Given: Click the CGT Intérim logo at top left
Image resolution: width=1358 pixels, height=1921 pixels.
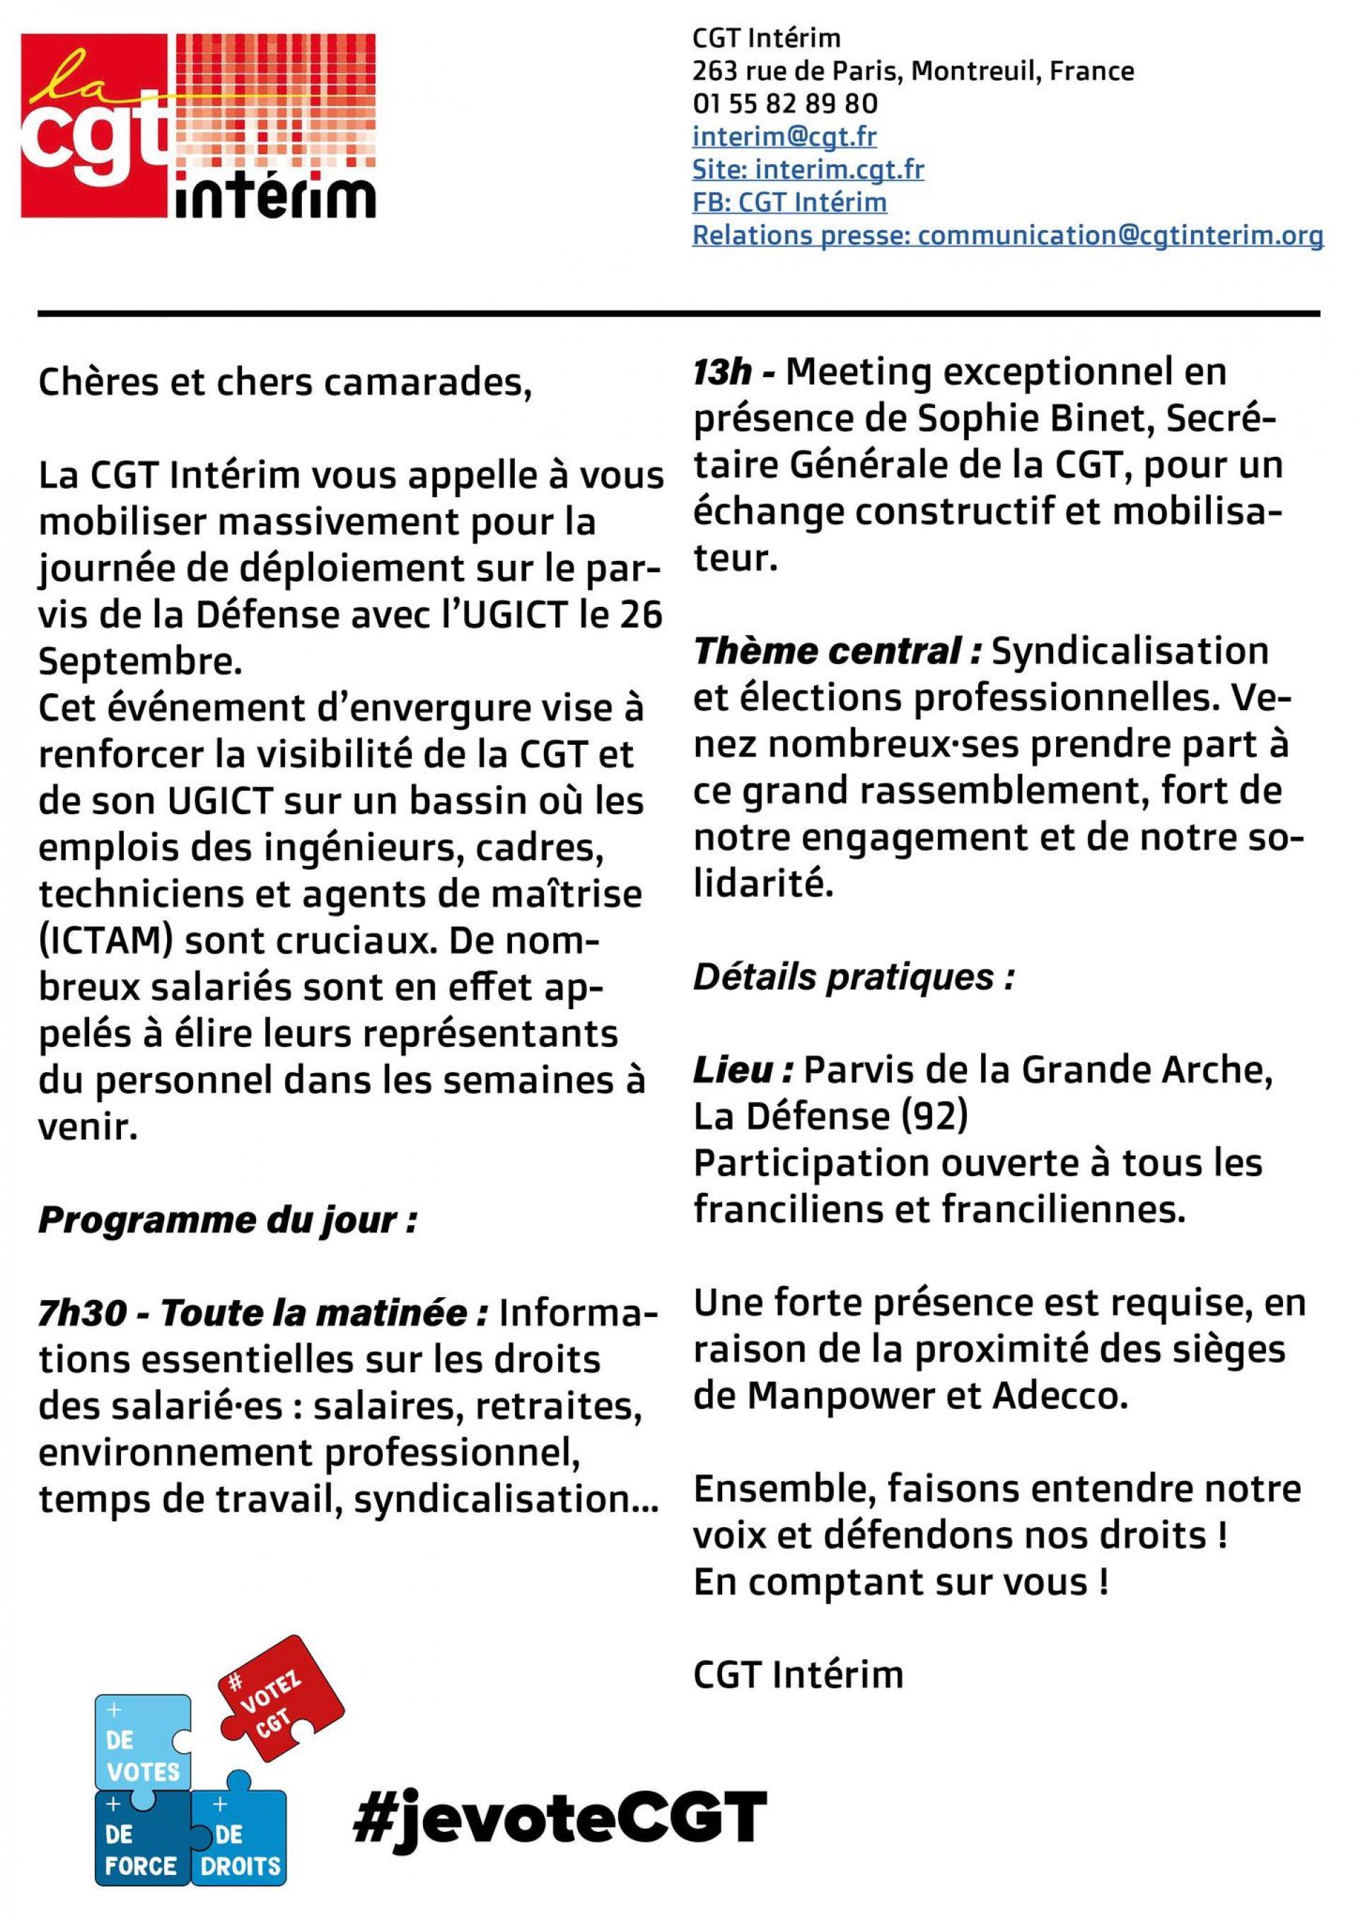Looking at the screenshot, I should pyautogui.click(x=198, y=125).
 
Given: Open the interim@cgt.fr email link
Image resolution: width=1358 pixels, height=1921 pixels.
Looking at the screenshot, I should pyautogui.click(x=784, y=136).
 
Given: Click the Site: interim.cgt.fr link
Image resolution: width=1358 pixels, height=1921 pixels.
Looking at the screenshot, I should pyautogui.click(x=808, y=169).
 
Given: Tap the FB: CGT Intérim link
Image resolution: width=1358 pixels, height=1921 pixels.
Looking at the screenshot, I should pyautogui.click(x=789, y=202).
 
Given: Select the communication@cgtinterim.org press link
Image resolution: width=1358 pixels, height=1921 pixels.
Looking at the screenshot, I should pyautogui.click(x=1120, y=236).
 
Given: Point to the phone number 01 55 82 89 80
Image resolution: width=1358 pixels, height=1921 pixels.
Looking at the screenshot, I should pyautogui.click(x=785, y=103).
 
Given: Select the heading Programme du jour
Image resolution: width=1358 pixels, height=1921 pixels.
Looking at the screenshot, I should pyautogui.click(x=228, y=1221).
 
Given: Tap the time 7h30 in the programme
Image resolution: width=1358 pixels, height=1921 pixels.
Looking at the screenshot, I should pyautogui.click(x=78, y=1314).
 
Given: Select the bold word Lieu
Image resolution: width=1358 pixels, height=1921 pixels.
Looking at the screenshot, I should pyautogui.click(x=742, y=1071).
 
